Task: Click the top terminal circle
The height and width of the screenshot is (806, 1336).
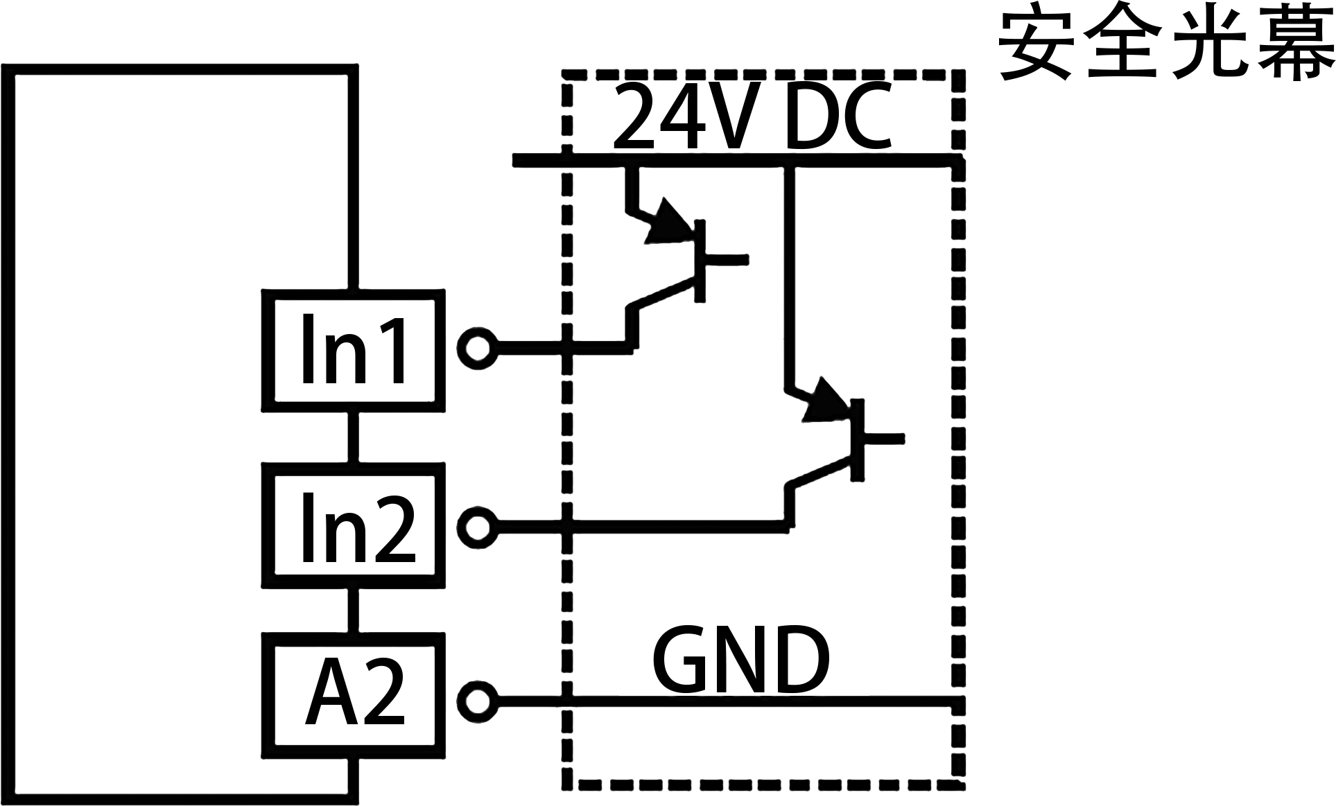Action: pos(477,348)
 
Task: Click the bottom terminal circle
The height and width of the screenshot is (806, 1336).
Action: pos(477,701)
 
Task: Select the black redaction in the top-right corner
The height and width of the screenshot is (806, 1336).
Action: pos(1167,40)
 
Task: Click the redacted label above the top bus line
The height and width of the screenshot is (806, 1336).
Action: pos(752,114)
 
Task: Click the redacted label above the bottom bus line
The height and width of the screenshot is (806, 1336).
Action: pos(740,658)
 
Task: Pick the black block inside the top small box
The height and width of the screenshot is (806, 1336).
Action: pos(353,348)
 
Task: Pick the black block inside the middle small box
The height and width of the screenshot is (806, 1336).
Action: pos(358,527)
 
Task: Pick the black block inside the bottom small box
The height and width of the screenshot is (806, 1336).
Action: pos(354,690)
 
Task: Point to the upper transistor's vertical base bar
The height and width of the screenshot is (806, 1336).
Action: pos(700,261)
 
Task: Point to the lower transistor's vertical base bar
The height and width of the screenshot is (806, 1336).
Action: pos(858,439)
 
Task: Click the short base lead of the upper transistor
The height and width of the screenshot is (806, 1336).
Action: pos(727,259)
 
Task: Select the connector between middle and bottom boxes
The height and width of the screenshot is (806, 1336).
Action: pos(353,610)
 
